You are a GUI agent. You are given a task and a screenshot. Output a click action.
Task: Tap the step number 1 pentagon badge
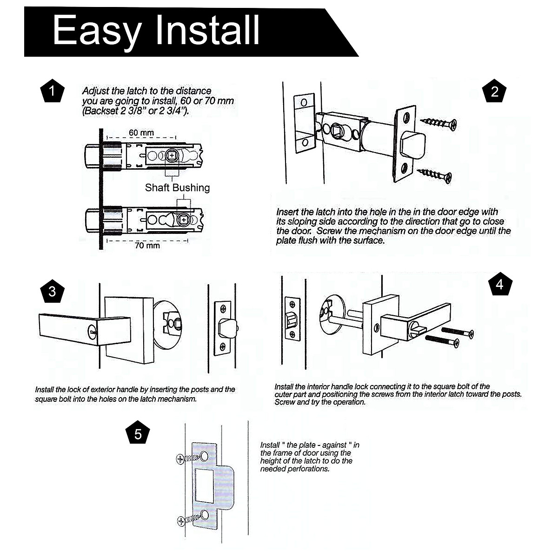coord(52,91)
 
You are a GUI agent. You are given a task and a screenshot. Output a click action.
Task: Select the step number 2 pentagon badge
coord(494,91)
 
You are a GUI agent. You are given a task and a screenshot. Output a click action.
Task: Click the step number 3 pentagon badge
coord(52,292)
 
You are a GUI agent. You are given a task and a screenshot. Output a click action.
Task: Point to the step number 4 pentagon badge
coord(500,284)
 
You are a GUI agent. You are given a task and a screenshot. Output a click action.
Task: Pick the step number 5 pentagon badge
coord(138,434)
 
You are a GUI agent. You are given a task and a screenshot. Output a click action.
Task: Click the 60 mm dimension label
coord(141,133)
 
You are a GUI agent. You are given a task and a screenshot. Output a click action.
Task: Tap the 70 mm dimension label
coord(147,245)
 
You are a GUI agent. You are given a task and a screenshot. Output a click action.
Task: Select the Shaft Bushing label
coord(177,188)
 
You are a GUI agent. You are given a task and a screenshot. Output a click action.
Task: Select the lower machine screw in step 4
coord(443,342)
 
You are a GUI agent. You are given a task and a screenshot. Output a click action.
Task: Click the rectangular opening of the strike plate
coord(204,486)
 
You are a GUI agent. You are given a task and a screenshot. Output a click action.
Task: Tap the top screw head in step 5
coord(181,459)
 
